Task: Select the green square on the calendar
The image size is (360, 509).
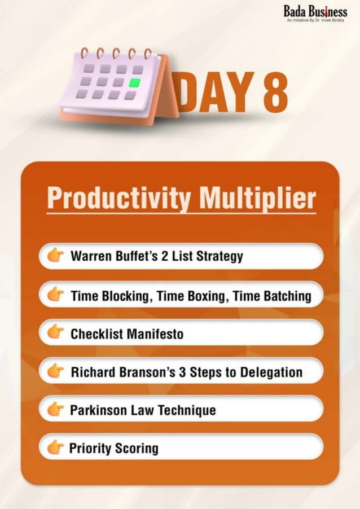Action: [134, 82]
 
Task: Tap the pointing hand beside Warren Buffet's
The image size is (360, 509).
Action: [55, 256]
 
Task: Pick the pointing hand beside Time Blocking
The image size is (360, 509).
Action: [55, 295]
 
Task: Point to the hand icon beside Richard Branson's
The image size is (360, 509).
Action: [55, 371]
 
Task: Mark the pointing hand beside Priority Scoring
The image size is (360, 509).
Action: [55, 447]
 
